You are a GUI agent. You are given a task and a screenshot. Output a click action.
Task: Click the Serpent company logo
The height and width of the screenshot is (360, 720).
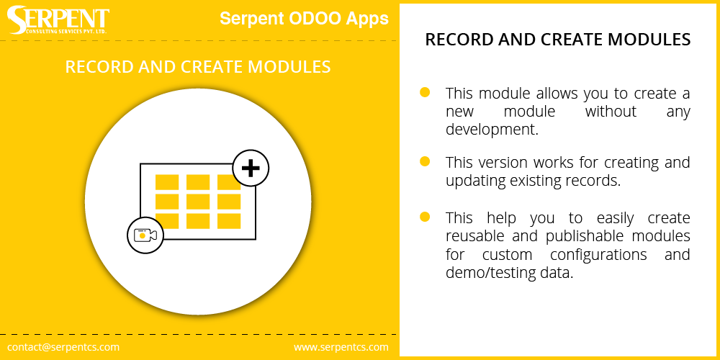pos(58,20)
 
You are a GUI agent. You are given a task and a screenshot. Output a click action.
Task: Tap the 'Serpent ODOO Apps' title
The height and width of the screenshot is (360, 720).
pos(304,19)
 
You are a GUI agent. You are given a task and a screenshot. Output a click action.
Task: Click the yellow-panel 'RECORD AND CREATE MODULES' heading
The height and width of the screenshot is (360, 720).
pos(198,67)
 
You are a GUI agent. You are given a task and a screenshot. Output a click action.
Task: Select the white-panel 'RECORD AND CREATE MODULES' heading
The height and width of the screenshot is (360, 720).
pos(558,40)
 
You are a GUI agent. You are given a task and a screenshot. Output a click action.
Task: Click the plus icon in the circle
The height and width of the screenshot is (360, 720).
pos(251,168)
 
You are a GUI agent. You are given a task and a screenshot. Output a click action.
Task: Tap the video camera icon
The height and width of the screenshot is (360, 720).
pos(145,235)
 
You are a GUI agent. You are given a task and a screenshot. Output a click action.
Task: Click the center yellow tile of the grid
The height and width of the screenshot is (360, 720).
pos(198,202)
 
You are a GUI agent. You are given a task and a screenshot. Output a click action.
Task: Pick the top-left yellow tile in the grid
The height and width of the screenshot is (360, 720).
pos(167,182)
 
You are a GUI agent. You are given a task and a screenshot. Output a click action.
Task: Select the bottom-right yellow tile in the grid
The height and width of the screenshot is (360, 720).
pos(229,221)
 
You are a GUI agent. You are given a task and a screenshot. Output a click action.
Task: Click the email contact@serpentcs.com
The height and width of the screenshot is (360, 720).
pos(63,347)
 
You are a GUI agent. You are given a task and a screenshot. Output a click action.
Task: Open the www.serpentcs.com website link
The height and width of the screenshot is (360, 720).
pos(341,347)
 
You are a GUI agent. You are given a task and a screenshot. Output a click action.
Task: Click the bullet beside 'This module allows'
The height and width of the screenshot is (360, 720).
pos(425,92)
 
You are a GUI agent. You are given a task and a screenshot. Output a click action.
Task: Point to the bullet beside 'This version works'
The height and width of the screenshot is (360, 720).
pos(425,161)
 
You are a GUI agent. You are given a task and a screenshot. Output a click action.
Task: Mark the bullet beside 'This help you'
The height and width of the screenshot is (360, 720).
pos(425,217)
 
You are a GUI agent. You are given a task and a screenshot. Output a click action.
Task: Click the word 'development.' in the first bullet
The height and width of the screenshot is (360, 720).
pos(492,130)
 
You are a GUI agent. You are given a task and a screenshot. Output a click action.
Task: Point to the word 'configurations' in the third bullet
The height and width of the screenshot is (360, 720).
pos(598,255)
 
